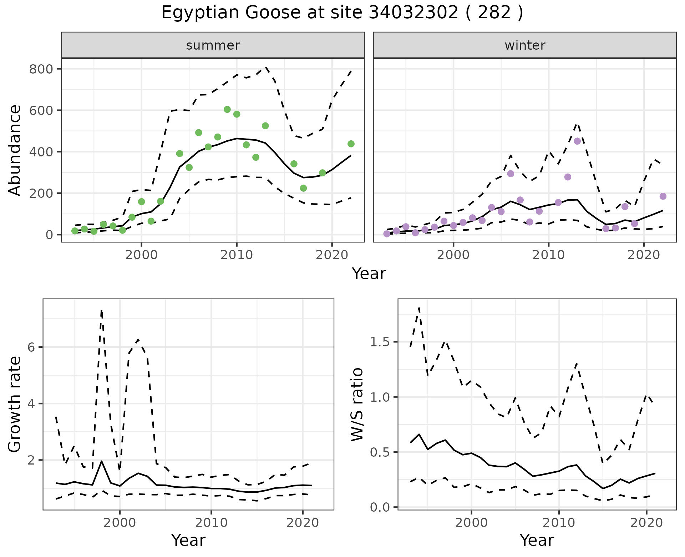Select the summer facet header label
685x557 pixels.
tap(213, 45)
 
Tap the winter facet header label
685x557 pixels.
tap(525, 45)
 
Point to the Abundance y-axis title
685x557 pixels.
tap(15, 150)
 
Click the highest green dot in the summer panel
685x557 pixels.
tap(227, 110)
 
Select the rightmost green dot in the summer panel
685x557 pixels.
tap(351, 144)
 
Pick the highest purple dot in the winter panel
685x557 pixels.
tap(577, 141)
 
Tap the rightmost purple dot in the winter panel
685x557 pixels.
tap(663, 196)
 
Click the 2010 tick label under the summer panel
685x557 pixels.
tap(236, 255)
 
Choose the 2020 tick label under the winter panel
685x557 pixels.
tap(644, 255)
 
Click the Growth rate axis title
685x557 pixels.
tap(15, 405)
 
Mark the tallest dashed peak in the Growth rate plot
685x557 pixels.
tap(101, 311)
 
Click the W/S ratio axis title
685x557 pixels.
tap(357, 405)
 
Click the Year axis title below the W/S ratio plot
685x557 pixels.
tap(537, 540)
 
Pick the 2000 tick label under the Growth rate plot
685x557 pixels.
tap(120, 523)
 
